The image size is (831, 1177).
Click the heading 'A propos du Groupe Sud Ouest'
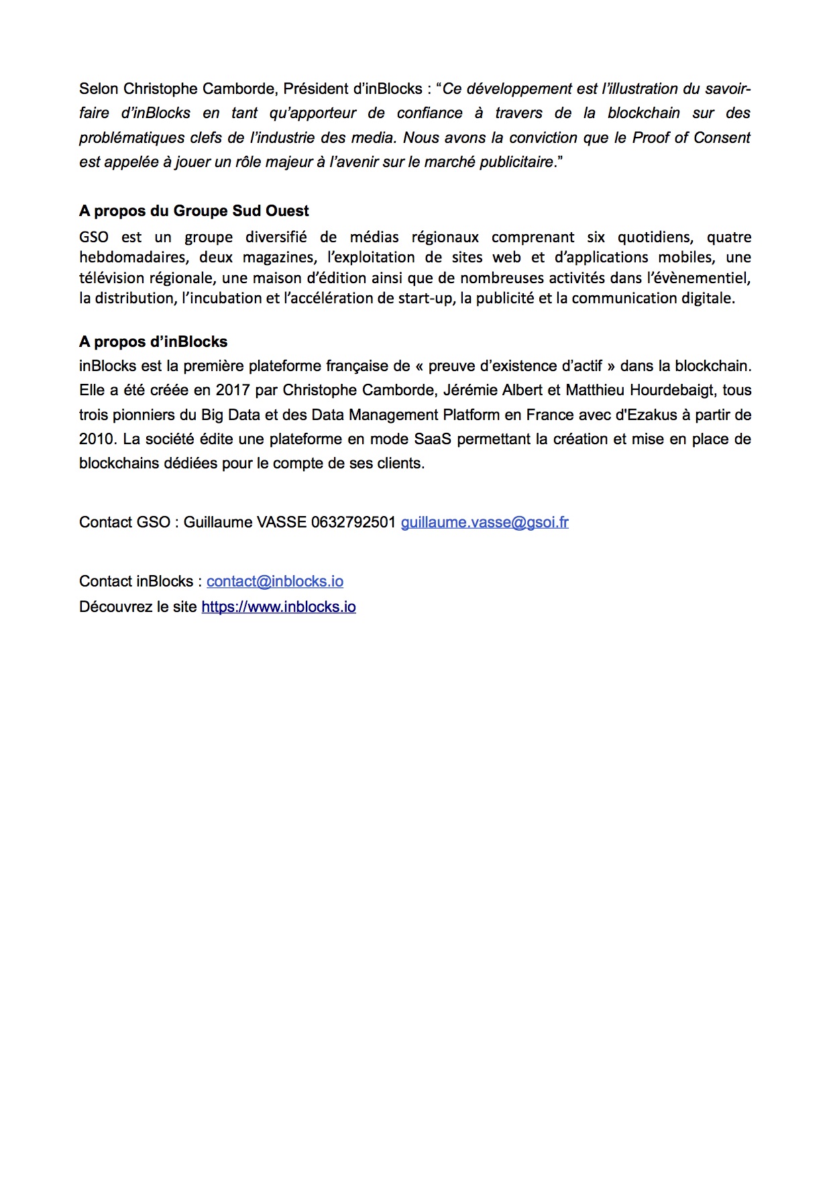coord(194,211)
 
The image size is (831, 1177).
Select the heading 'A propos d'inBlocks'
coord(153,342)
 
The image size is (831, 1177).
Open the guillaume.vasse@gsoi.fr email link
coord(484,522)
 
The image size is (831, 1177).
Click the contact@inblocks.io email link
coord(275,581)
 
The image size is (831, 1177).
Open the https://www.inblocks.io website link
coord(278,607)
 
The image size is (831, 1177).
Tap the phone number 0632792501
coord(353,522)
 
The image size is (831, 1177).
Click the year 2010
coord(97,439)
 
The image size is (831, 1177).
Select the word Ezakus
coord(652,415)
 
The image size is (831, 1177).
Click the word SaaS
coord(433,439)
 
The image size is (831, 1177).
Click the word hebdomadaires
coord(133,258)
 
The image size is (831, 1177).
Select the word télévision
coord(110,278)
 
